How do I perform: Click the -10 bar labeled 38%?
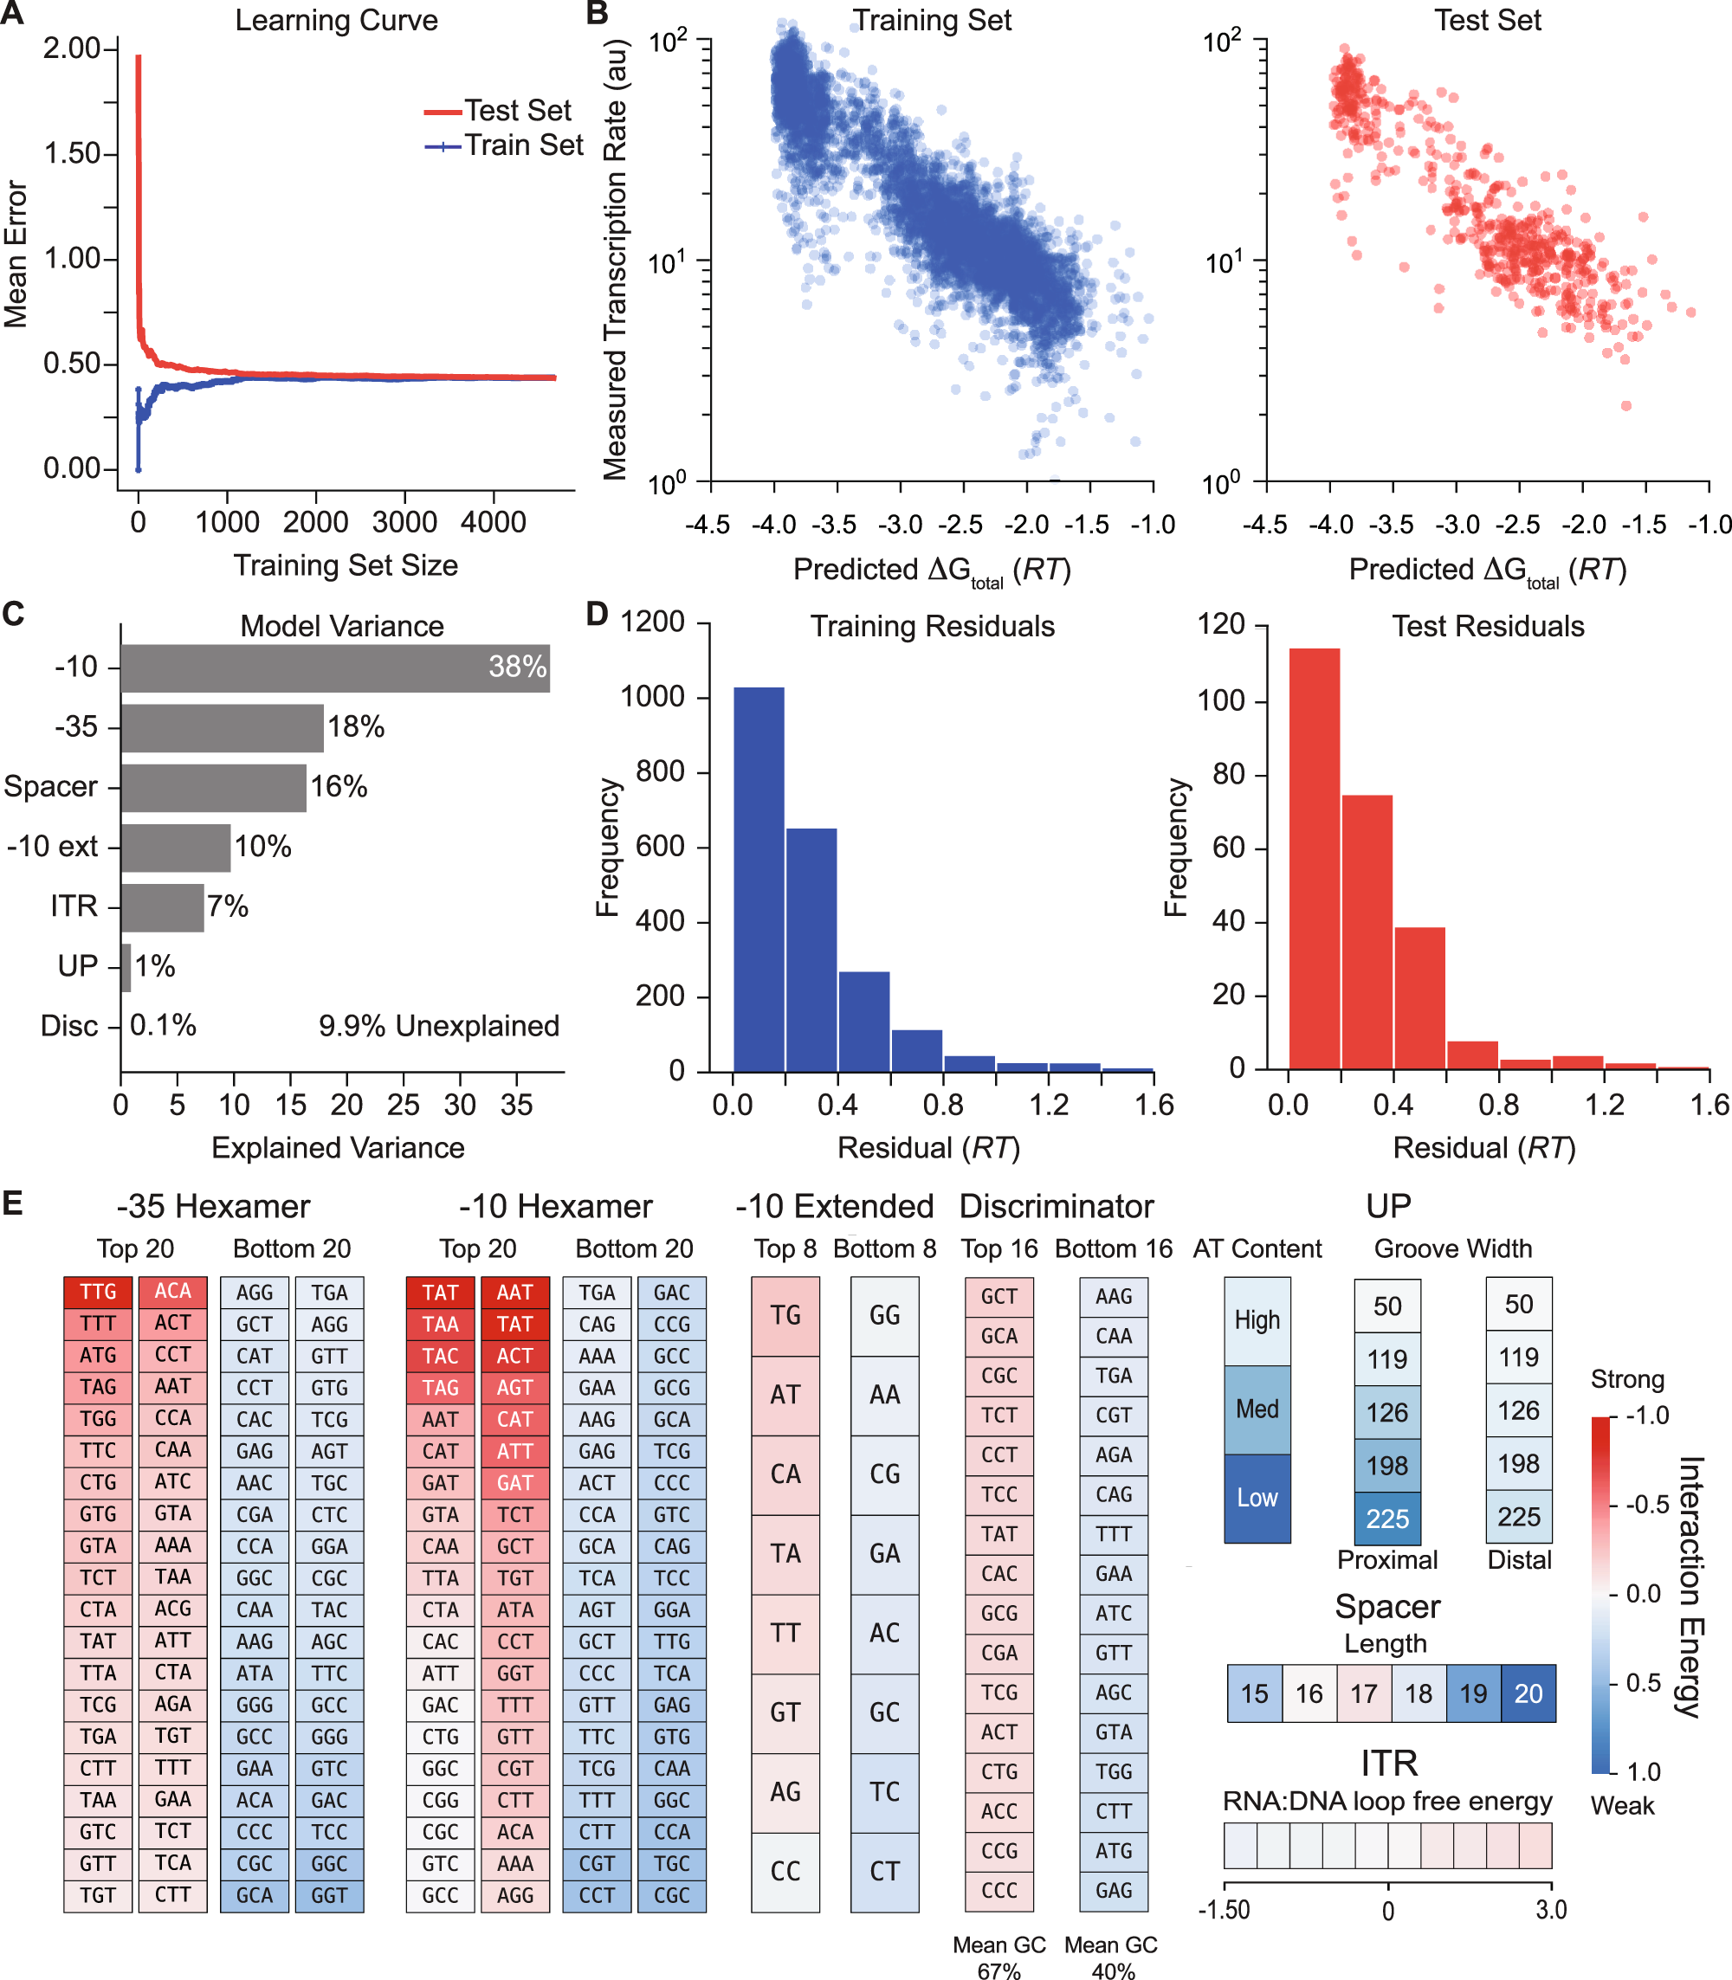pyautogui.click(x=334, y=667)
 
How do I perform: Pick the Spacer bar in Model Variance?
pyautogui.click(x=213, y=787)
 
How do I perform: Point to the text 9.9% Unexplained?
pyautogui.click(x=439, y=1025)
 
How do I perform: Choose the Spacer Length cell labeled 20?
pyautogui.click(x=1528, y=1693)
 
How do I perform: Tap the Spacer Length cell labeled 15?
pyautogui.click(x=1255, y=1693)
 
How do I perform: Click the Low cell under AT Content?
pyautogui.click(x=1257, y=1498)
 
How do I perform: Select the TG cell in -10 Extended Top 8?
pyautogui.click(x=785, y=1315)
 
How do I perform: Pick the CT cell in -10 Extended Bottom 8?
pyautogui.click(x=884, y=1872)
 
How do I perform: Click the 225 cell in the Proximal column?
pyautogui.click(x=1387, y=1518)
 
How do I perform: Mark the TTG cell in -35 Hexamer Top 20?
pyautogui.click(x=98, y=1292)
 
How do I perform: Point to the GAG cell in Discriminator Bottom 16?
pyautogui.click(x=1114, y=1890)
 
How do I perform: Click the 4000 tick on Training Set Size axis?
pyautogui.click(x=493, y=523)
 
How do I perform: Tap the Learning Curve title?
pyautogui.click(x=336, y=20)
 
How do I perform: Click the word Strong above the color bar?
pyautogui.click(x=1627, y=1379)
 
